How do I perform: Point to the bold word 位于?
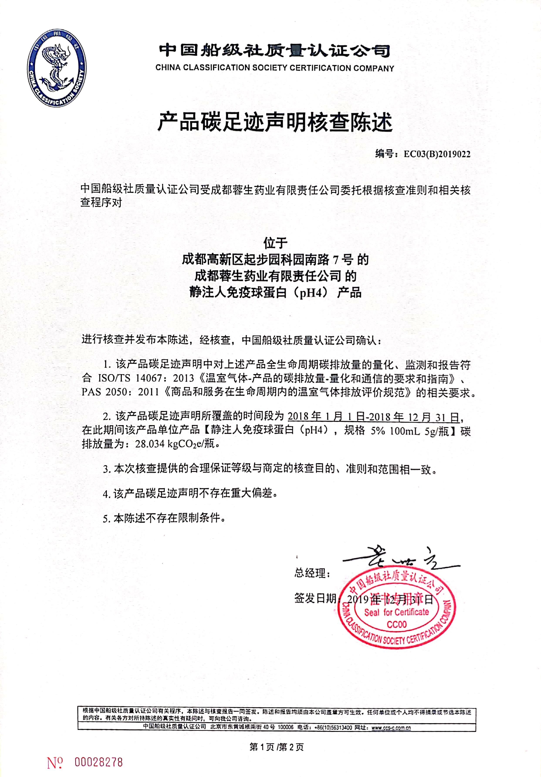[275, 243]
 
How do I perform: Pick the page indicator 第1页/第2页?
[276, 747]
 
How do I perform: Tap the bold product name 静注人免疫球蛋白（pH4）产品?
[275, 292]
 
